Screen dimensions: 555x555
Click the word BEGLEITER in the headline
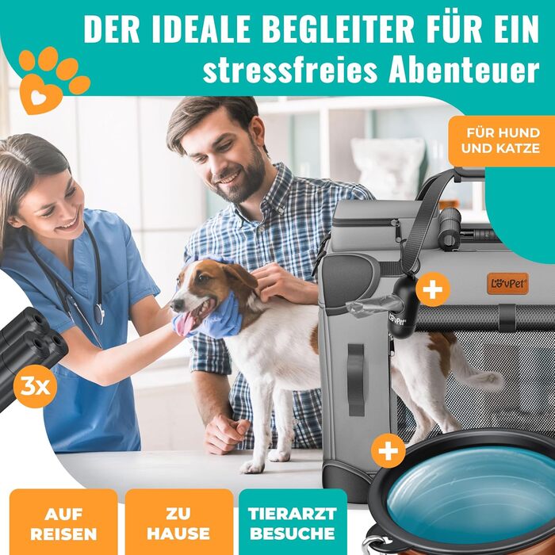(339, 29)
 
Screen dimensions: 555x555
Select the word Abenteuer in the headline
(464, 70)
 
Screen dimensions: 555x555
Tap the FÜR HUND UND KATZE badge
(501, 141)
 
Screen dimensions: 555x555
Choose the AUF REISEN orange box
(63, 522)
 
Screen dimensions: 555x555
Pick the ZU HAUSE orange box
(178, 522)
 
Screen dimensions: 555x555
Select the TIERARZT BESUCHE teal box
(293, 522)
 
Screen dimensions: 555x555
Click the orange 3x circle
(35, 387)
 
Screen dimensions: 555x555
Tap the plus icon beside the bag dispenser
(433, 289)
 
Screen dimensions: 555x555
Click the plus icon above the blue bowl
(388, 450)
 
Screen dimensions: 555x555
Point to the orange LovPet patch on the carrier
(507, 283)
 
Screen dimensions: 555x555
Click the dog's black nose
(176, 304)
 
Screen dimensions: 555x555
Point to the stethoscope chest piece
(99, 314)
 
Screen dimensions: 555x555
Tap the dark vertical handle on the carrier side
(356, 380)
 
